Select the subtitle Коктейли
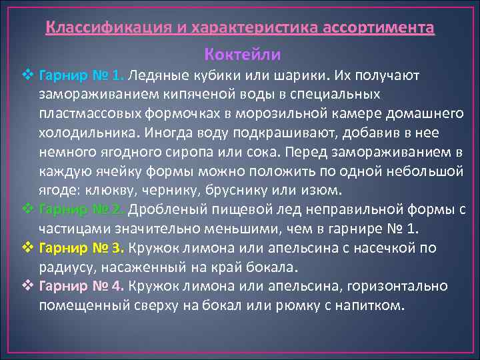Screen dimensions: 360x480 point(243,53)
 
